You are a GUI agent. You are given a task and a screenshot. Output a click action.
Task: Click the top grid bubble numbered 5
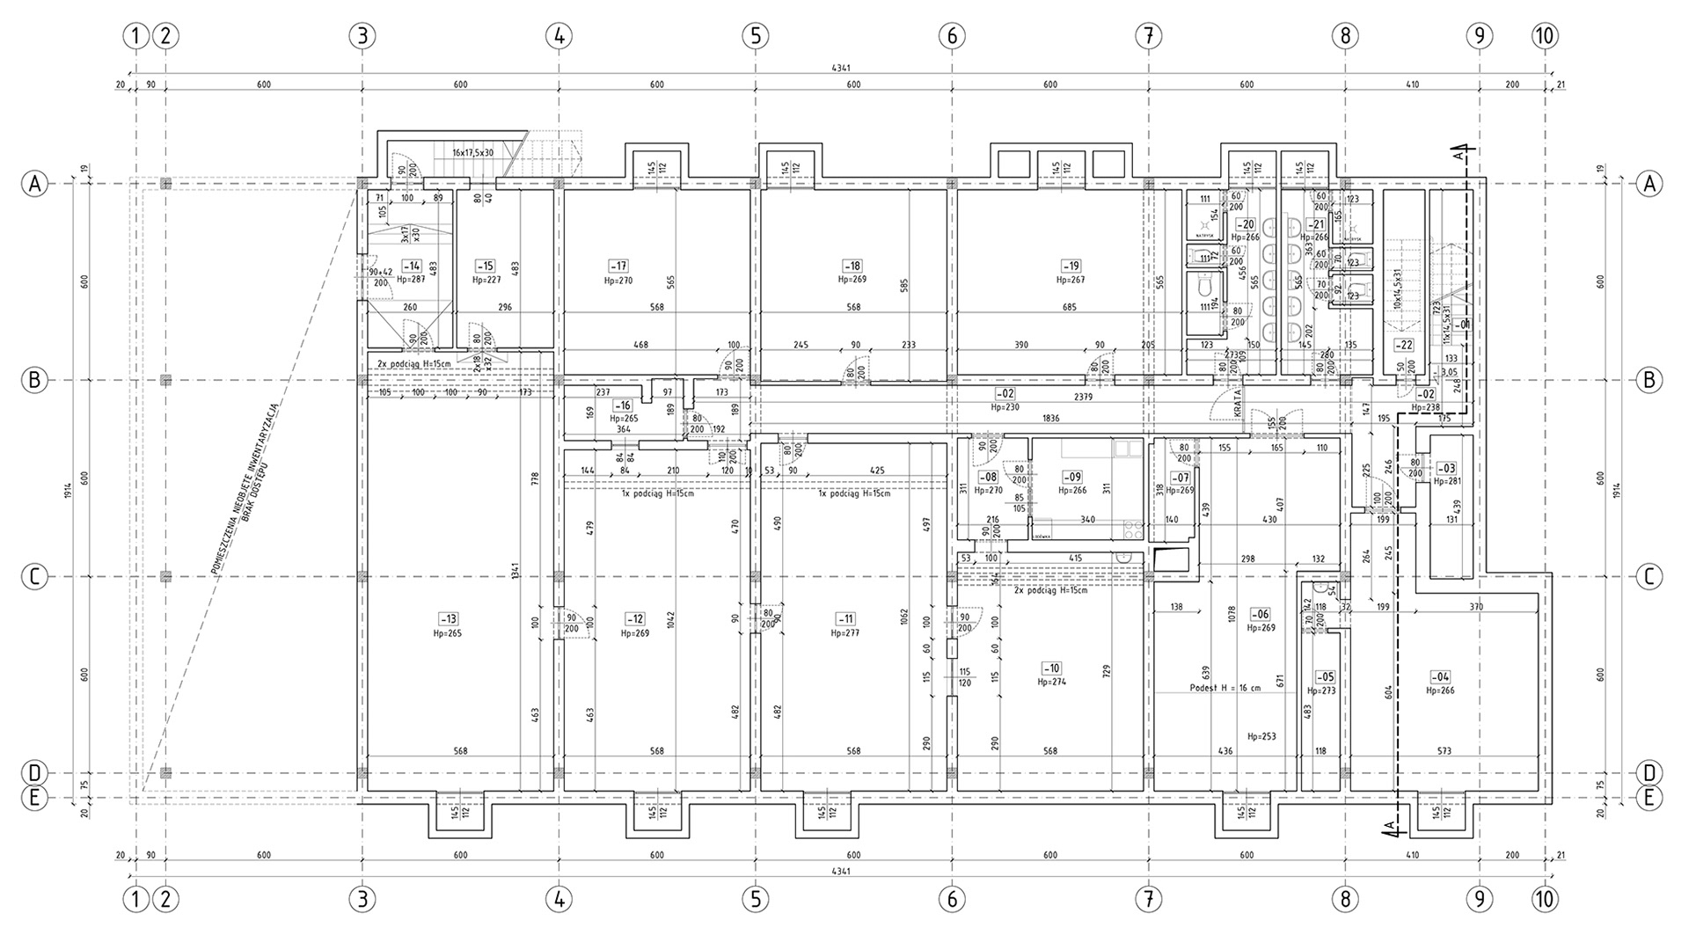click(x=755, y=36)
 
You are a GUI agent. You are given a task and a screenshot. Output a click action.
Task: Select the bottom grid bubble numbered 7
click(x=1148, y=901)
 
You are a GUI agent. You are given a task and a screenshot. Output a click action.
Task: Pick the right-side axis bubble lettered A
click(x=1649, y=184)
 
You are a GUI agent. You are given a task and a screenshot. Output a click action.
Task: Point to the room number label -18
click(x=852, y=266)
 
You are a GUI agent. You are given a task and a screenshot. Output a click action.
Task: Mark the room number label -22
click(x=1405, y=345)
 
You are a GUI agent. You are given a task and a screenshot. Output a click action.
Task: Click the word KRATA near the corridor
click(x=1237, y=404)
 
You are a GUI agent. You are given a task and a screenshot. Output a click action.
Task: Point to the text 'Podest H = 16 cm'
click(x=1225, y=688)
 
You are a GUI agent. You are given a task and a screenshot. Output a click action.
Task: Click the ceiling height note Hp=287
click(x=411, y=279)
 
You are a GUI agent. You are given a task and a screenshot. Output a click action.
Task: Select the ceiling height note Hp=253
click(x=1261, y=736)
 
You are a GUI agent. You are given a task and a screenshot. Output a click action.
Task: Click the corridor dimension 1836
click(x=1050, y=419)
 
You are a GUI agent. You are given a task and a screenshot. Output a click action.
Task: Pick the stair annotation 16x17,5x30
click(x=472, y=152)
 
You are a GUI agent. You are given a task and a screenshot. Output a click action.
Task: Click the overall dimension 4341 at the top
click(x=841, y=68)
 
